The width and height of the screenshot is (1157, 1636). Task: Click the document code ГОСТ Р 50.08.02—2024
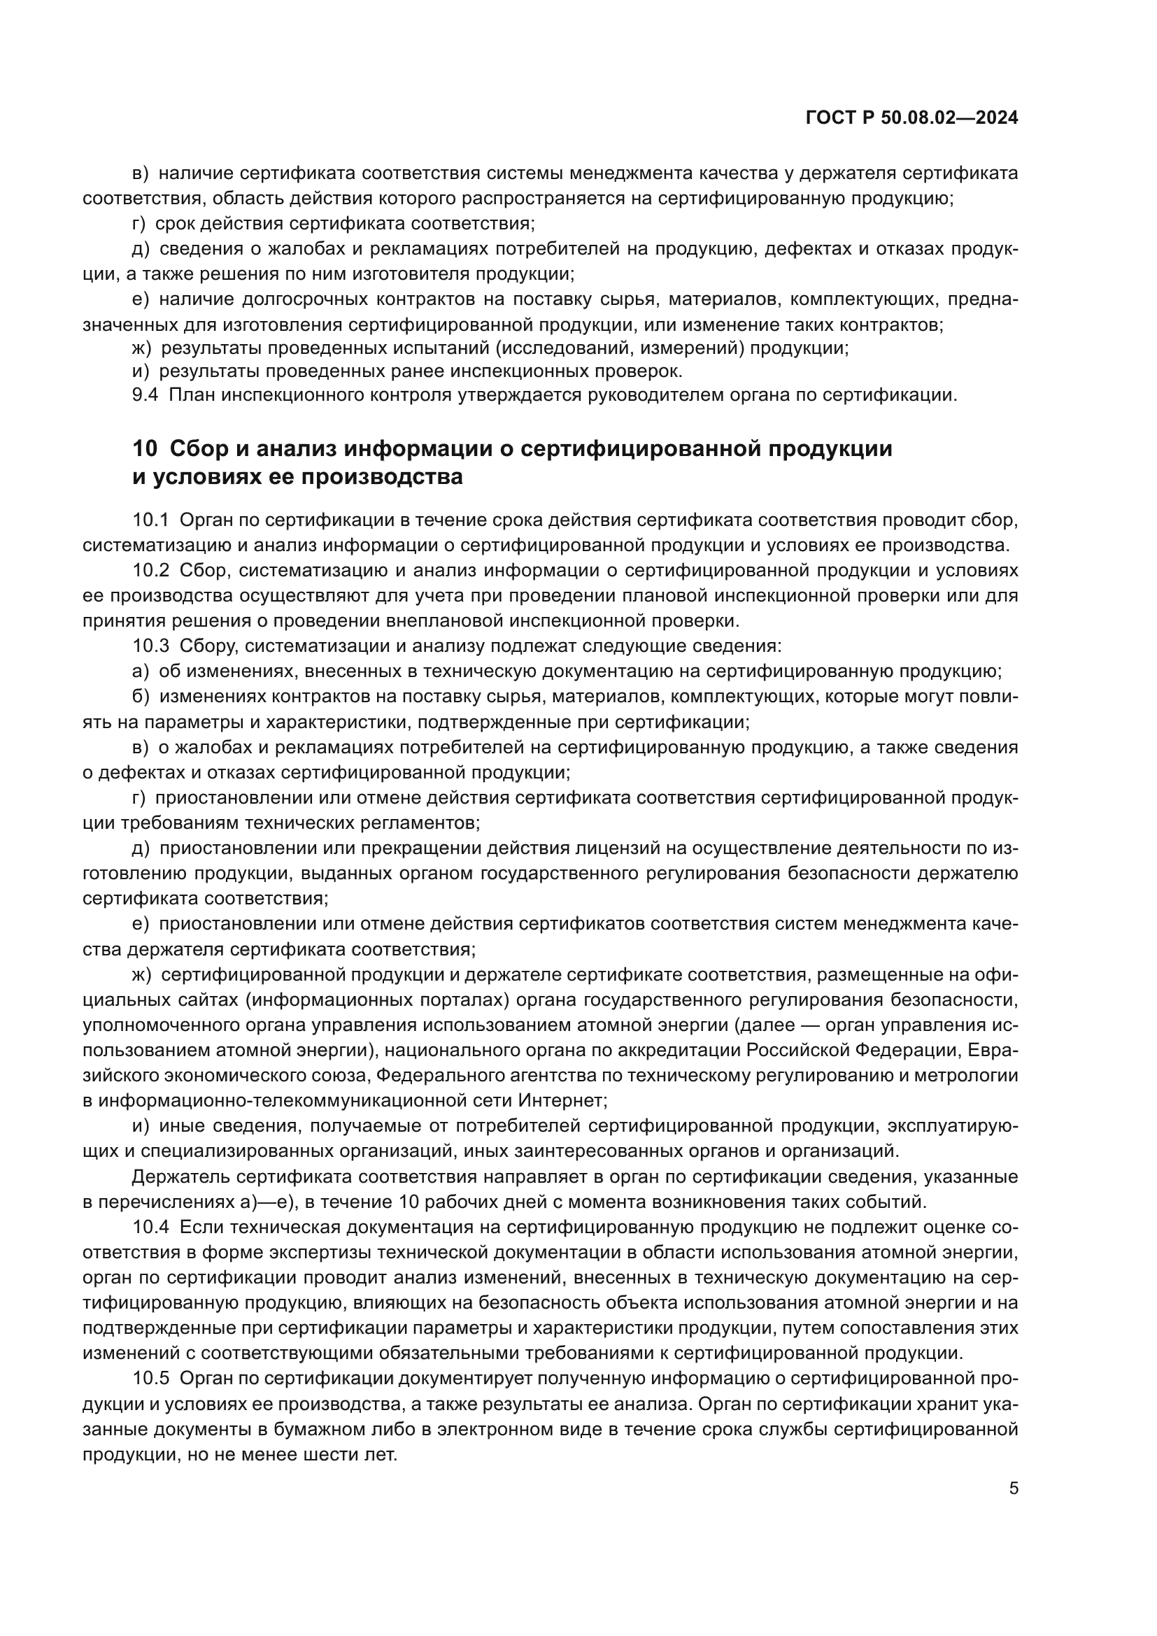click(x=911, y=118)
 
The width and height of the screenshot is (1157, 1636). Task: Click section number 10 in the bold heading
click(x=145, y=449)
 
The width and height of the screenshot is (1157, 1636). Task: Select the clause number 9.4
click(x=145, y=394)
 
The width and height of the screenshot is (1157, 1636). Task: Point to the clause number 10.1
click(x=150, y=520)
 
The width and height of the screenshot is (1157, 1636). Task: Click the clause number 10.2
click(x=150, y=570)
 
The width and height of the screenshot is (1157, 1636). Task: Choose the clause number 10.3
click(x=150, y=646)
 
